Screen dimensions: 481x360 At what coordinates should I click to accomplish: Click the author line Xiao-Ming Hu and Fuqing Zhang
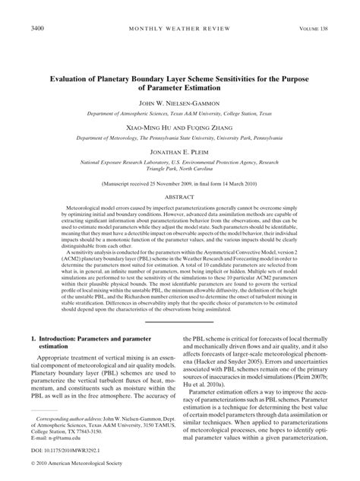click(179, 128)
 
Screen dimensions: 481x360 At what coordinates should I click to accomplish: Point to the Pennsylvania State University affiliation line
click(179, 139)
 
